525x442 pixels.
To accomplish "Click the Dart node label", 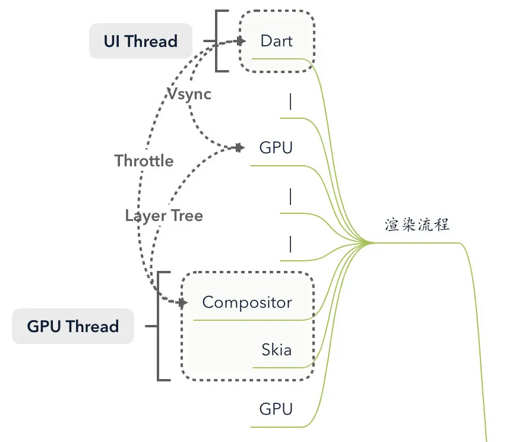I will tap(276, 41).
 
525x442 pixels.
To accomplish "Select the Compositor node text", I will tap(247, 302).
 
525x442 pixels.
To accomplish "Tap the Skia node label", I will tap(276, 349).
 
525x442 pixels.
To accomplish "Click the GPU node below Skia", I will tap(276, 409).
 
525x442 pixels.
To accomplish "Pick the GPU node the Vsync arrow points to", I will tap(276, 147).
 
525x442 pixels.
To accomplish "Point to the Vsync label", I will tap(189, 94).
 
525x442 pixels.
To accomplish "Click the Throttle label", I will tap(144, 161).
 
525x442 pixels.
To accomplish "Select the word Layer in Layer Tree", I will tap(144, 215).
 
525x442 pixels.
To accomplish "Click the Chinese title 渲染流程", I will tap(417, 225).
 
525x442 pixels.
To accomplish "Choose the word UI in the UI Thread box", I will tap(112, 41).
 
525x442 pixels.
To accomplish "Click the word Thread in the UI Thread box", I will tap(151, 41).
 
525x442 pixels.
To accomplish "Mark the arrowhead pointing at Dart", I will tap(240, 41).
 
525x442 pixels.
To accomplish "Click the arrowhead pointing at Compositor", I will tap(182, 302).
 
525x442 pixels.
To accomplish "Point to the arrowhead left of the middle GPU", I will tap(239, 147).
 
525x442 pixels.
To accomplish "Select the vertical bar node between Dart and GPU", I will tap(290, 102).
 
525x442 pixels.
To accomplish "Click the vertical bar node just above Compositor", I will tap(290, 244).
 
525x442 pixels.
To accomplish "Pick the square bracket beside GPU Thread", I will tap(160, 326).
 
